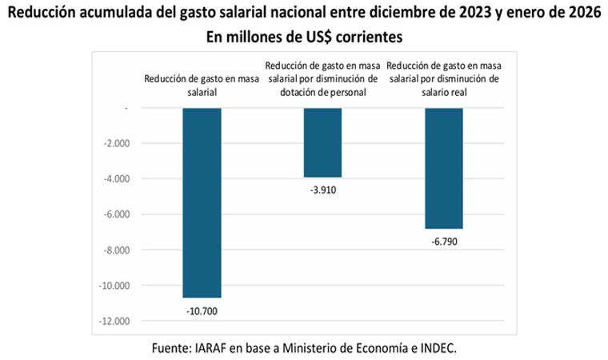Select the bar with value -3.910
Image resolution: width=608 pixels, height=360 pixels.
(322, 142)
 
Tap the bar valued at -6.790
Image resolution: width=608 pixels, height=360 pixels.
(443, 168)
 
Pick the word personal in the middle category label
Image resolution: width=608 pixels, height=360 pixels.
(348, 92)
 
